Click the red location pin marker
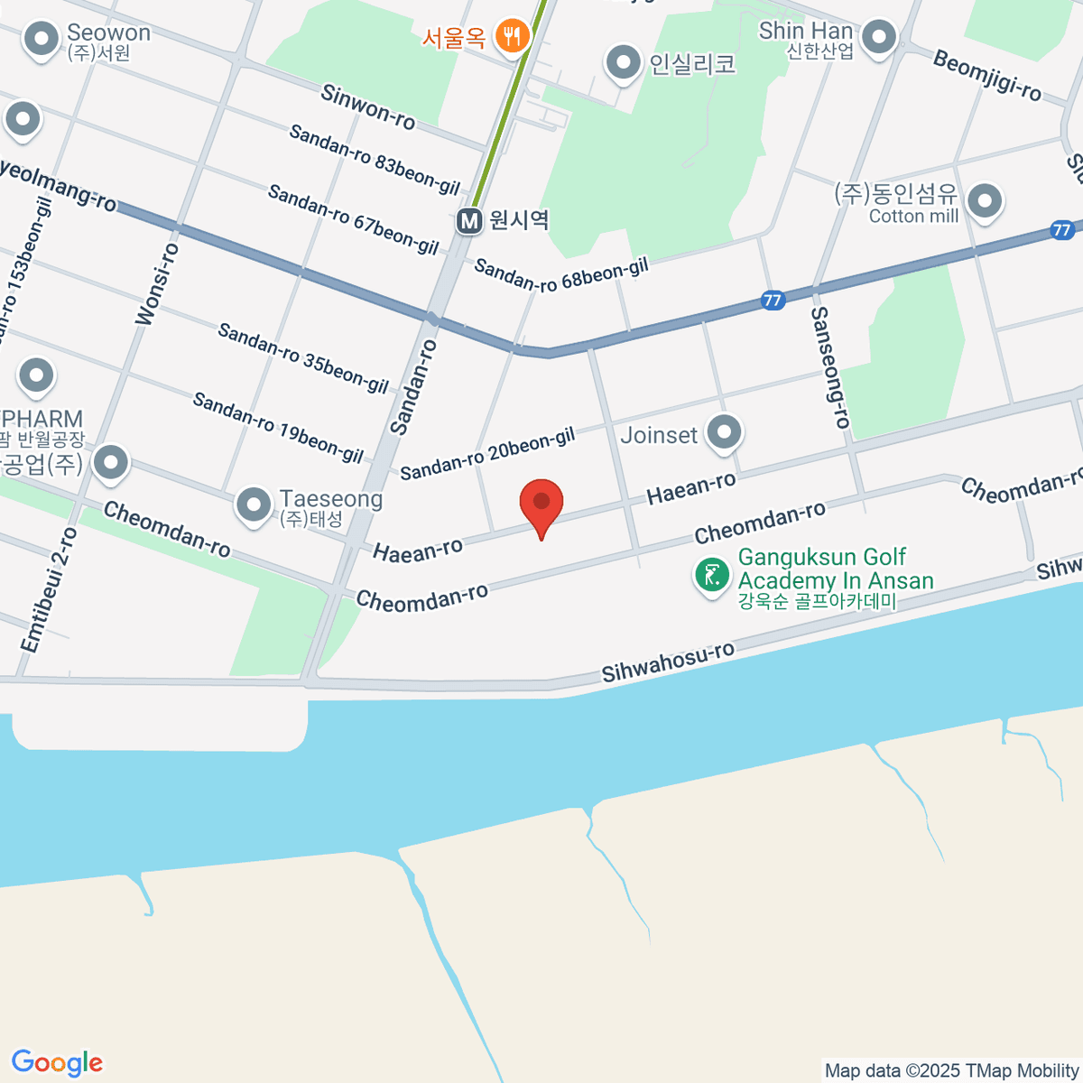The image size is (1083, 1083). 541,504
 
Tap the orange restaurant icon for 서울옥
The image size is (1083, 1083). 514,37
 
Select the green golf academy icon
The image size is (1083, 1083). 712,574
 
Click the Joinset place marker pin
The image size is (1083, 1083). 724,433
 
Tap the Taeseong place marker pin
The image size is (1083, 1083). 254,505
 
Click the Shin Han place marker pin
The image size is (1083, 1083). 878,38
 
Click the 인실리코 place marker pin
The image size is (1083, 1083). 622,63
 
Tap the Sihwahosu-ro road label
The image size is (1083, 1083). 668,662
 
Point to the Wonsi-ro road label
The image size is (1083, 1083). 157,283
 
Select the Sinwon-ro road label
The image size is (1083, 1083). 368,107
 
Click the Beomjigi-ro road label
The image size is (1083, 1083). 986,76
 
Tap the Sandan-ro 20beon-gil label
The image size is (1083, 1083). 487,454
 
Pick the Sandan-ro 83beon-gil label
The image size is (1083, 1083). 375,160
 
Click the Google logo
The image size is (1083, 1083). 57,1062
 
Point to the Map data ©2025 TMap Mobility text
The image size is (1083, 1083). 952,1071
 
